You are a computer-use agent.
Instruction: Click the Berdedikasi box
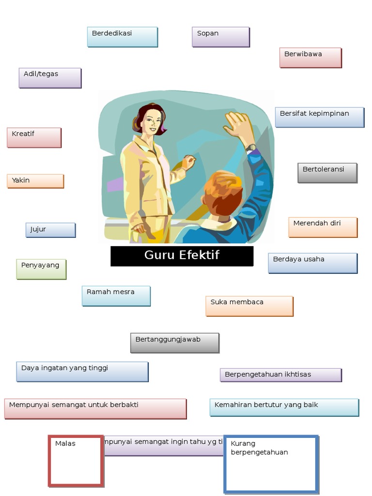tap(123, 37)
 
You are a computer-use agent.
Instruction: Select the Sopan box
tap(221, 37)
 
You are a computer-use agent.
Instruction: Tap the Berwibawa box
tap(310, 57)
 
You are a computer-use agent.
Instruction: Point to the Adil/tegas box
tap(50, 77)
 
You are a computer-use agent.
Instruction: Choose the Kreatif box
tap(34, 138)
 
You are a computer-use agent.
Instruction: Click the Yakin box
tap(35, 181)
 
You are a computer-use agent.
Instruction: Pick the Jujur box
tap(50, 230)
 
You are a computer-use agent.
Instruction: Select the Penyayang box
tap(41, 269)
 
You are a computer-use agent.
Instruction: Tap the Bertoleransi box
tap(327, 173)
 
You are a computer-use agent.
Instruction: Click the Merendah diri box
tap(323, 227)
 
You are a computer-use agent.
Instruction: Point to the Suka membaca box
tap(249, 306)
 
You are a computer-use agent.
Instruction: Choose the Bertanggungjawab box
tap(175, 342)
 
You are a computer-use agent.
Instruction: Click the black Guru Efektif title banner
tap(182, 256)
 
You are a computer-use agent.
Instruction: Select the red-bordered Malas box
tap(76, 461)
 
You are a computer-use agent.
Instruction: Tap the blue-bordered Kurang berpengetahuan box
tap(271, 464)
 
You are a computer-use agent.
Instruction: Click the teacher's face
tap(152, 121)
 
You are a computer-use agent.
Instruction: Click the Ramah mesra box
tap(116, 296)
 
